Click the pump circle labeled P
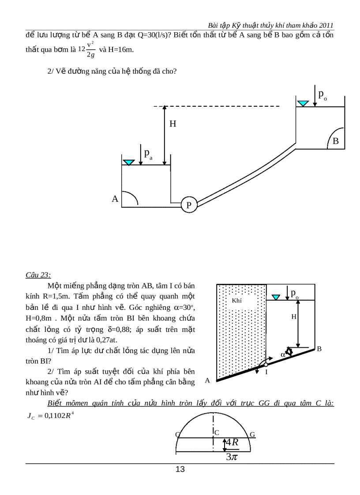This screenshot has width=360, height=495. tap(188, 205)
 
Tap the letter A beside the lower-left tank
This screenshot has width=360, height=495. tap(115, 199)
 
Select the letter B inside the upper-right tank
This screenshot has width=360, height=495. tap(335, 141)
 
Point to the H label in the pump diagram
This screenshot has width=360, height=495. tap(173, 124)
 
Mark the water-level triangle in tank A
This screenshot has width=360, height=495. tap(128, 163)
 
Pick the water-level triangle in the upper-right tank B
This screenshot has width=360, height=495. tap(303, 104)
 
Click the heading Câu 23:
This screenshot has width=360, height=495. tap(38, 275)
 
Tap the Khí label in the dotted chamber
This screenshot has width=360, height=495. tap(237, 300)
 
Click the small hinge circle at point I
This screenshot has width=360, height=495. tap(266, 365)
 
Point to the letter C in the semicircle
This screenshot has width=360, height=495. tap(217, 432)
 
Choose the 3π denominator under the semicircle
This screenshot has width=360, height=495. tap(232, 457)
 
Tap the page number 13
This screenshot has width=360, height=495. tap(180, 469)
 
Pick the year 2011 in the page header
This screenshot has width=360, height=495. tap(325, 26)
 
